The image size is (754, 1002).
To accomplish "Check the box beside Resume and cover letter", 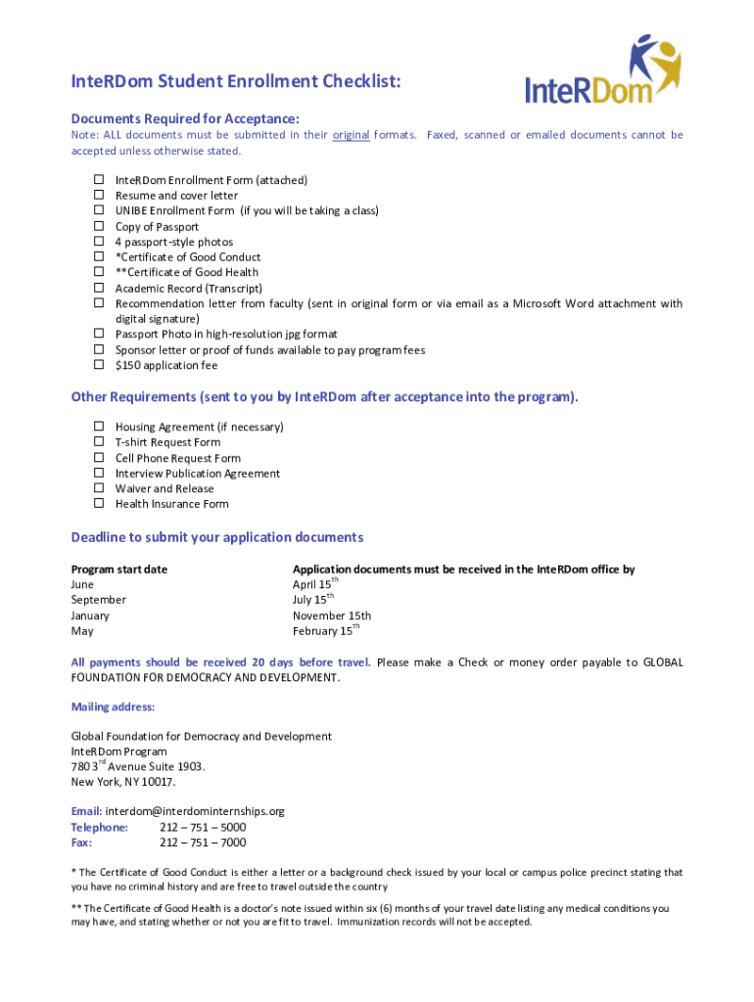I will pos(99,196).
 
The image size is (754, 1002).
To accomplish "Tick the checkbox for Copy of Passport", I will pos(99,226).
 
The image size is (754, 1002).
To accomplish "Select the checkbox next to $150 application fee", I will pos(99,365).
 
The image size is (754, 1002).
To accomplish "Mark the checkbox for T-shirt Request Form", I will pos(99,442).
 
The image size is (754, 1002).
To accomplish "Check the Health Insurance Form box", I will pos(99,504).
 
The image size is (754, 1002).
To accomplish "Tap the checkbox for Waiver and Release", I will pos(99,488).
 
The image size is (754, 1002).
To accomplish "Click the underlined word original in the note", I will pos(351,135).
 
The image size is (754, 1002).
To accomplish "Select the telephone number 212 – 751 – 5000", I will pos(203,827).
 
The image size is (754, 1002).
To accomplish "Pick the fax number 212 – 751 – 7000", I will pos(203,843).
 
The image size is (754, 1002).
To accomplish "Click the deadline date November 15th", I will pos(332,615).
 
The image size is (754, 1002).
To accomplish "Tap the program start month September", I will pos(98,600).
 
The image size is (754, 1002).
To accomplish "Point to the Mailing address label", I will pos(113,706).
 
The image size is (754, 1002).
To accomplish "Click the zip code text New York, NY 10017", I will pos(123,782).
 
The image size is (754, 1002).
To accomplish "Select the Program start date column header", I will pos(118,569).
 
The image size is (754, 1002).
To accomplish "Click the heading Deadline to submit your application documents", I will pos(216,537).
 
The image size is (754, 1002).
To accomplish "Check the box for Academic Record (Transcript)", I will pos(99,288).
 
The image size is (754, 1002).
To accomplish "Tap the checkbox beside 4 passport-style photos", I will pos(99,242).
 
